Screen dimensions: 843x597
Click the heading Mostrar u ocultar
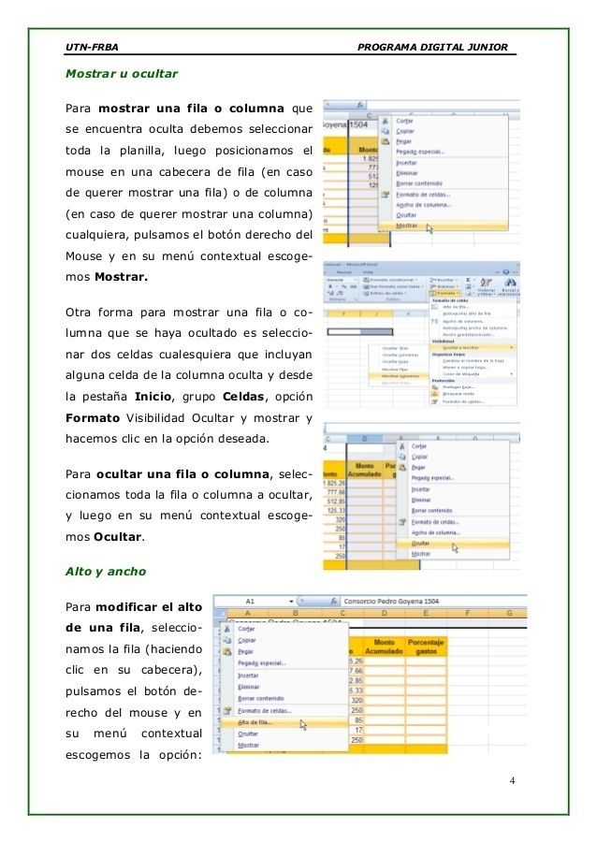pyautogui.click(x=122, y=72)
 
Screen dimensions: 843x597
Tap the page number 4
pyautogui.click(x=515, y=780)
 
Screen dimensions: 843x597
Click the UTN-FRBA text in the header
pyautogui.click(x=85, y=46)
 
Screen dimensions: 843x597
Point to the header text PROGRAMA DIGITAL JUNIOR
pyautogui.click(x=433, y=46)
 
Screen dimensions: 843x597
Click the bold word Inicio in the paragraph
pyautogui.click(x=152, y=398)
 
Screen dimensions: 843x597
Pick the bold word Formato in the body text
pyautogui.click(x=92, y=418)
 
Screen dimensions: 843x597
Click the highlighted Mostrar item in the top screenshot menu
pyautogui.click(x=408, y=225)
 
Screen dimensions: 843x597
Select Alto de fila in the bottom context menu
pyautogui.click(x=255, y=722)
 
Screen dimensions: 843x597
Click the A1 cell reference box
pyautogui.click(x=251, y=601)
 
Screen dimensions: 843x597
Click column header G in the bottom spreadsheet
pyautogui.click(x=508, y=614)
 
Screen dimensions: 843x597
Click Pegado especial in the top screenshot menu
pyautogui.click(x=420, y=151)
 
